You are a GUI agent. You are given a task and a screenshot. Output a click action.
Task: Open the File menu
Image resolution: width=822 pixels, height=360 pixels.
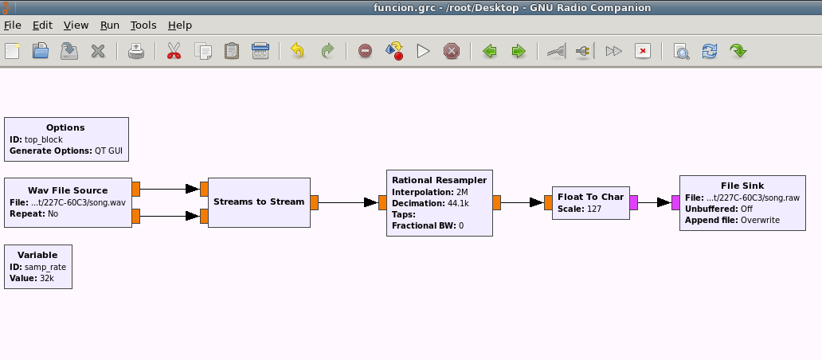(x=13, y=25)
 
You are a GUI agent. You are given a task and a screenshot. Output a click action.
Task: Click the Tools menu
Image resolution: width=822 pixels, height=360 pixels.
(x=143, y=25)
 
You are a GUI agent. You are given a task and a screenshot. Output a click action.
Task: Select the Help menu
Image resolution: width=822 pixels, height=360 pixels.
(x=180, y=25)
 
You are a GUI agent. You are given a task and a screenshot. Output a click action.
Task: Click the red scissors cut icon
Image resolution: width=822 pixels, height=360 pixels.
(x=174, y=51)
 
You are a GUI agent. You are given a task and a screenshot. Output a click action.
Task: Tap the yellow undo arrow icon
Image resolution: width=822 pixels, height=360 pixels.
(x=297, y=51)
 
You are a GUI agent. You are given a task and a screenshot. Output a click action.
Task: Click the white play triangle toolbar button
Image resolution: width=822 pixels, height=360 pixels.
(x=423, y=51)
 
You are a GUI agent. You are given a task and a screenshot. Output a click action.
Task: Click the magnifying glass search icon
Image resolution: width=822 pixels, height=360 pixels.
(x=681, y=51)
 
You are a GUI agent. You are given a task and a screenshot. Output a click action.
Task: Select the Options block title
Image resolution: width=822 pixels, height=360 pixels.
(x=65, y=127)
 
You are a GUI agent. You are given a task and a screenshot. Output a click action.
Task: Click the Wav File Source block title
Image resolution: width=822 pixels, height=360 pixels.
(x=68, y=190)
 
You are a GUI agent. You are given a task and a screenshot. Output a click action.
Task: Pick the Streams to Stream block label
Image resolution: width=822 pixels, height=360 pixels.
(x=259, y=202)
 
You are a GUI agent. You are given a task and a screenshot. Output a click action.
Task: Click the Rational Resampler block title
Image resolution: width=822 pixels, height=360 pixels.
(x=440, y=180)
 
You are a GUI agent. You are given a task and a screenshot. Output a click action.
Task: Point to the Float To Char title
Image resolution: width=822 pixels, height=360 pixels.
(x=591, y=197)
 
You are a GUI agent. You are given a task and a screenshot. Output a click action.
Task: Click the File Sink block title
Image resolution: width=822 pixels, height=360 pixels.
(x=742, y=186)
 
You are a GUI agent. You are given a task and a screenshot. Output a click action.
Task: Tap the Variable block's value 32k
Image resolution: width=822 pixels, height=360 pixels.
(x=47, y=278)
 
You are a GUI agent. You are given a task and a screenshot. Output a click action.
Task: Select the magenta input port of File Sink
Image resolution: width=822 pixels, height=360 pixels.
(x=675, y=203)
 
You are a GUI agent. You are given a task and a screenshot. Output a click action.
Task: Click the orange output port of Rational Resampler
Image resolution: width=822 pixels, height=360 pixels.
(x=496, y=203)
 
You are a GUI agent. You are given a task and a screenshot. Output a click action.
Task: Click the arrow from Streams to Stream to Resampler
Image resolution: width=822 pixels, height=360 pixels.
(x=348, y=202)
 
